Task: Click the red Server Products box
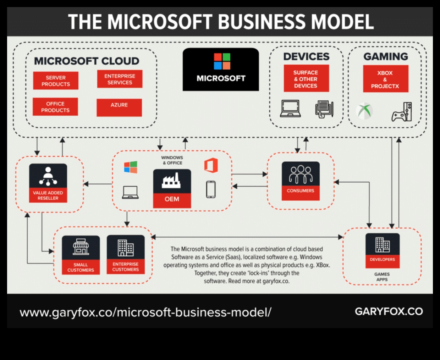tap(56, 81)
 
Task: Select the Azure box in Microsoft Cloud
tap(119, 107)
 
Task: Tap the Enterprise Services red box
tap(120, 79)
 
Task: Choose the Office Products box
tap(55, 107)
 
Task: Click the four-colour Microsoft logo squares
tap(222, 61)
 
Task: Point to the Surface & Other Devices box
tap(306, 79)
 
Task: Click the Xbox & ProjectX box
tap(385, 79)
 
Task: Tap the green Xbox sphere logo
tap(364, 111)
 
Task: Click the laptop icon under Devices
tap(290, 109)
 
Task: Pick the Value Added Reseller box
tap(48, 183)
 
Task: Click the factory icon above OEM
tap(172, 181)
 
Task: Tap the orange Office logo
tap(211, 166)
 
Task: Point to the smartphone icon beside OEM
tap(211, 189)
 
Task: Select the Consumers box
tap(301, 181)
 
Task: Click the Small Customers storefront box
tap(81, 255)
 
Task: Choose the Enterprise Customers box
tap(126, 254)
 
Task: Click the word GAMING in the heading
tap(386, 57)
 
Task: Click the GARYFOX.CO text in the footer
tap(389, 311)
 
